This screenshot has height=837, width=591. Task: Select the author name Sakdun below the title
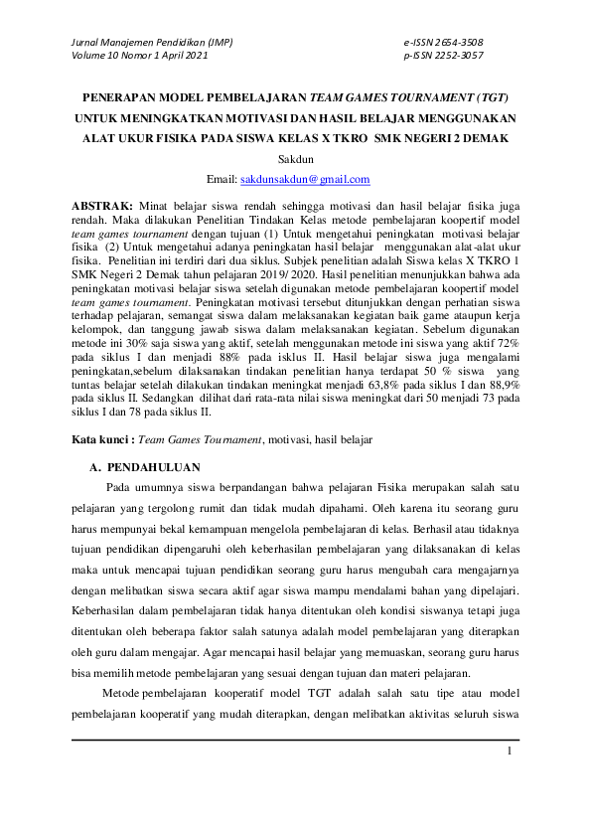tap(295, 160)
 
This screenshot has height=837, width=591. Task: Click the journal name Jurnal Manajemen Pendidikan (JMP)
tap(139, 42)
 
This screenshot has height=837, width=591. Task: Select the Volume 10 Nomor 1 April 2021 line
tap(139, 56)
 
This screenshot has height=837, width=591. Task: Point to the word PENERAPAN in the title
tap(117, 98)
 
